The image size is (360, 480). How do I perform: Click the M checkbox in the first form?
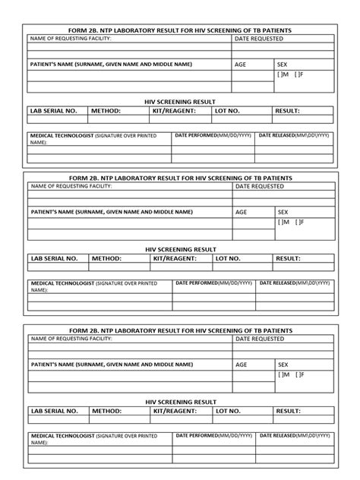(282, 74)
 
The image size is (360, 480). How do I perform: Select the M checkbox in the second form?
(282, 223)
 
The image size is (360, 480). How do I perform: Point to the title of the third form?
(180, 330)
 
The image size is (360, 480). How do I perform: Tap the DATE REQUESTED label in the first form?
(259, 38)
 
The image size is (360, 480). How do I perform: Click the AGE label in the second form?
(241, 213)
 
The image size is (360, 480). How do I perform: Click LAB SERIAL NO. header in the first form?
(53, 111)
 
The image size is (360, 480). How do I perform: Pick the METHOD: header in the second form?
(106, 259)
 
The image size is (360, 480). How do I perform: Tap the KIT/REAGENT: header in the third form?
(174, 411)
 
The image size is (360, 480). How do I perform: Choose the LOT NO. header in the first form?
(228, 111)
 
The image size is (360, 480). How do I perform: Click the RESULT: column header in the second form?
(288, 259)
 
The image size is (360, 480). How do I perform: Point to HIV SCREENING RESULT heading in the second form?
(180, 249)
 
